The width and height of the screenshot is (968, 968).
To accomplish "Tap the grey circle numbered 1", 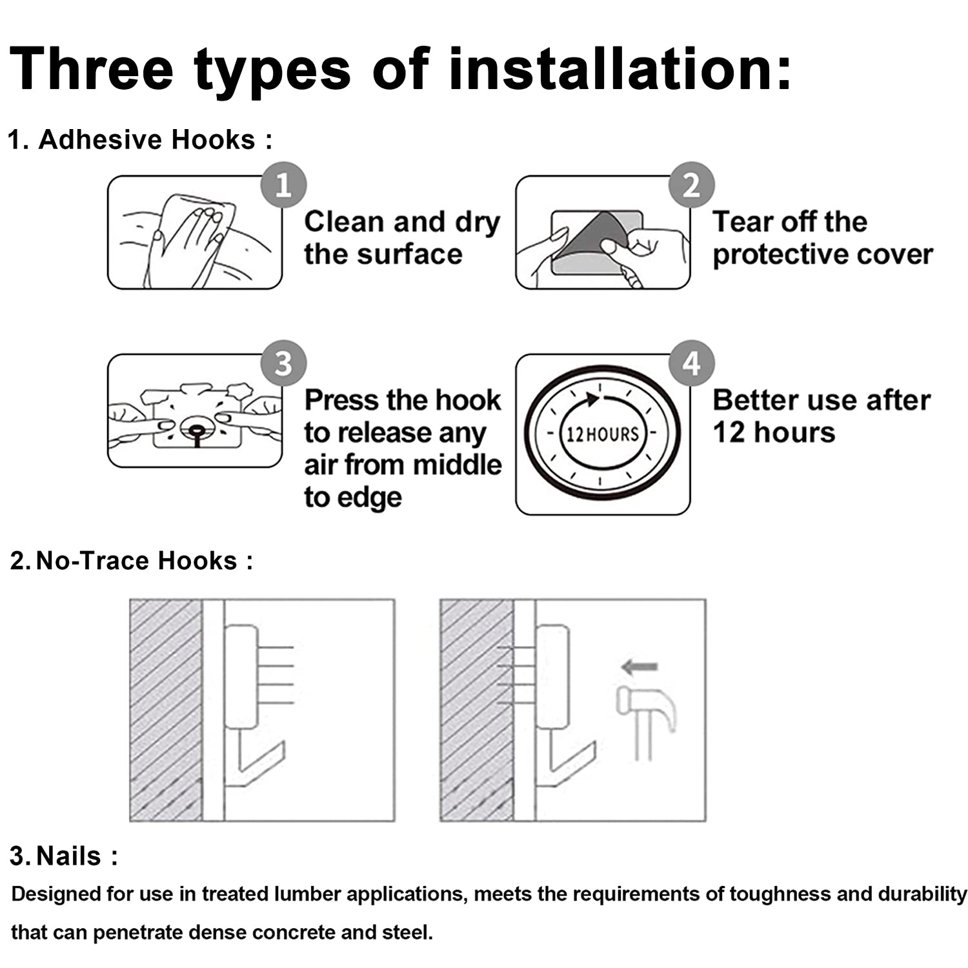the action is [283, 185].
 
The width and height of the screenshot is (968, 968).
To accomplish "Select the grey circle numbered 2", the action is [691, 185].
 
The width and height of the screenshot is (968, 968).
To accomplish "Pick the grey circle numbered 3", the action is [283, 363].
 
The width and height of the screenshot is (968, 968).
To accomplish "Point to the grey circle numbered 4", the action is [691, 363].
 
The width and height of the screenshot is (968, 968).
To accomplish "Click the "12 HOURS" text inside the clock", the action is [602, 434].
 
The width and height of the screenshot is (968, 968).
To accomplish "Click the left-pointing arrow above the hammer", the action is [640, 667].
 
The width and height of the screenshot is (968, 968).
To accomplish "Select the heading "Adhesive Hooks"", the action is [147, 139].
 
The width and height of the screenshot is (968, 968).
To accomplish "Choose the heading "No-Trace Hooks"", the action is [137, 560].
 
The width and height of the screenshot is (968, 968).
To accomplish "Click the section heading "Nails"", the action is [69, 856].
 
